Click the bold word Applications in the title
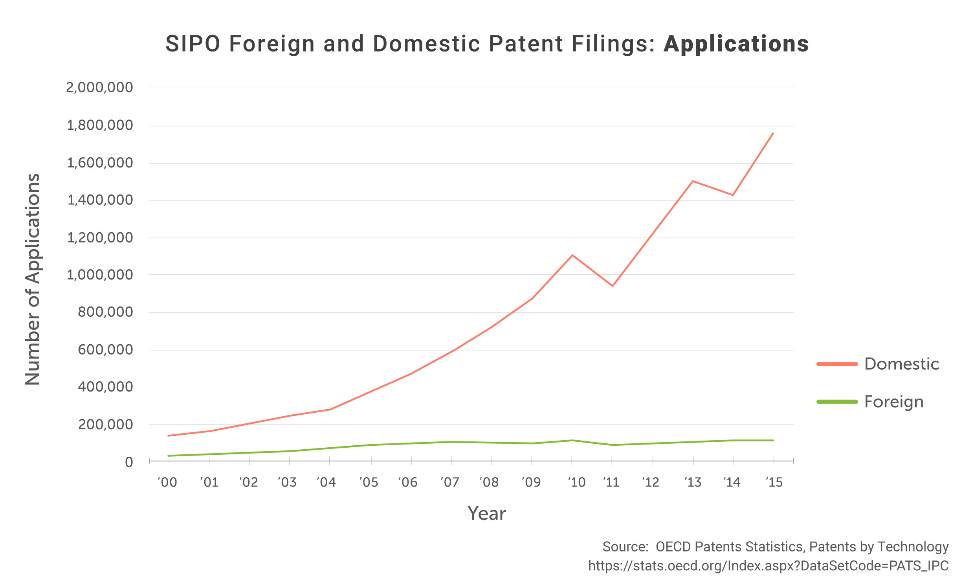point(736,44)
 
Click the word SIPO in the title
point(193,44)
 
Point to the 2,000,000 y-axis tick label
point(100,87)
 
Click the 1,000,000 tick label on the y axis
point(100,274)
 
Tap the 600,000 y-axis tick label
point(105,349)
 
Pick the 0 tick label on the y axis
point(129,462)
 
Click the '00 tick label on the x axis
point(167,482)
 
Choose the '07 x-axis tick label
point(450,482)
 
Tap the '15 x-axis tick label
point(774,482)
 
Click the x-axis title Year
point(486,514)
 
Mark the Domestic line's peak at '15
point(773,133)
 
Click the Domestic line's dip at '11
point(612,286)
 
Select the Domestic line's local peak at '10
point(572,255)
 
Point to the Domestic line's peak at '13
point(693,181)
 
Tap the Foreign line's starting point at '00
point(169,456)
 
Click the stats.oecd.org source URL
point(768,566)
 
